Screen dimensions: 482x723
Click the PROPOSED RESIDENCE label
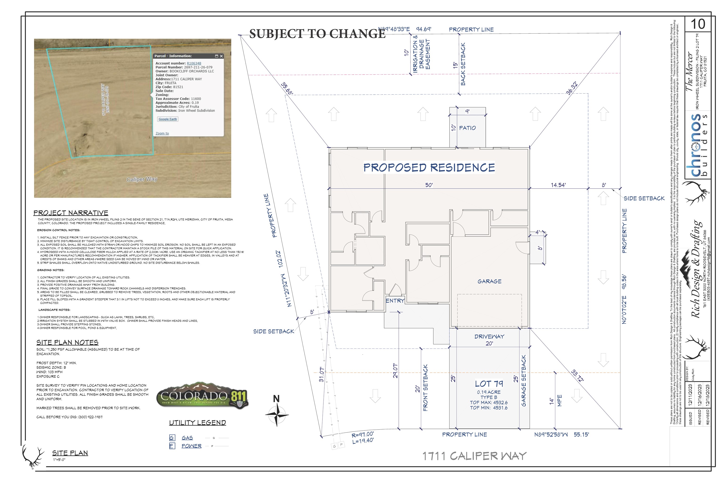tap(429, 168)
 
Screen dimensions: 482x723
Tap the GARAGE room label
tap(489, 281)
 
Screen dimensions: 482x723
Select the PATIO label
tap(467, 128)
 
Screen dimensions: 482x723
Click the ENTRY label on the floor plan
tap(395, 301)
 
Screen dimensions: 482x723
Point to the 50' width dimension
tap(429, 185)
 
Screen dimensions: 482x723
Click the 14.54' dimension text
tap(558, 185)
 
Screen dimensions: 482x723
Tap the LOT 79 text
tap(489, 384)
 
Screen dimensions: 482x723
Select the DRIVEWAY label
tap(489, 337)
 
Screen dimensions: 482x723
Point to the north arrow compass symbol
tap(277, 414)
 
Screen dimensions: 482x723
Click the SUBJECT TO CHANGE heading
tap(317, 34)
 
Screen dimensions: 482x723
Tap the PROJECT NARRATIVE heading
tap(71, 213)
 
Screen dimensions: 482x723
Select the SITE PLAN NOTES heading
tap(67, 342)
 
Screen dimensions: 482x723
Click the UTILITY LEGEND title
tap(197, 423)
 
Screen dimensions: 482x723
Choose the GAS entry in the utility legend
tap(187, 438)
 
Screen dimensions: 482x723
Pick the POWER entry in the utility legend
tap(191, 446)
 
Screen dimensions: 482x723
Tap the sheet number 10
tap(698, 24)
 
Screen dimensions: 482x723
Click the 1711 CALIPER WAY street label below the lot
tap(474, 456)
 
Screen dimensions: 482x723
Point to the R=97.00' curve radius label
tap(363, 434)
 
